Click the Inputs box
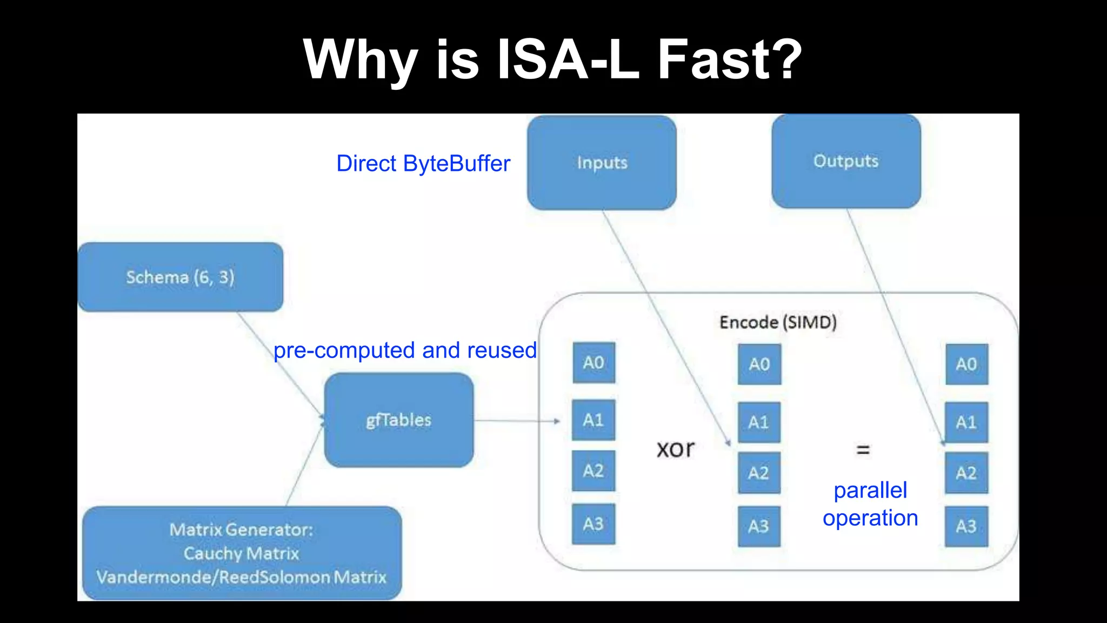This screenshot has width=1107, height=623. pyautogui.click(x=602, y=162)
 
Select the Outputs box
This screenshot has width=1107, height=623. pyautogui.click(x=846, y=161)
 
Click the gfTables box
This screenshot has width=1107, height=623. pyautogui.click(x=399, y=420)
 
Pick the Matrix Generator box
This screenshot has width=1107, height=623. pyautogui.click(x=242, y=553)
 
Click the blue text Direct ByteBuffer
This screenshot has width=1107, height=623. pyautogui.click(x=423, y=163)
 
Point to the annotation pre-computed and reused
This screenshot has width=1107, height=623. pyautogui.click(x=405, y=350)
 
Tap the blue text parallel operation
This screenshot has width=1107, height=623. pyautogui.click(x=870, y=504)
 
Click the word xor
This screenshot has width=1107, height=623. pyautogui.click(x=675, y=449)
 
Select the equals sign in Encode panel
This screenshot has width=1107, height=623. pyautogui.click(x=863, y=449)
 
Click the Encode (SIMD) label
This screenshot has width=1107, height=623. pyautogui.click(x=778, y=322)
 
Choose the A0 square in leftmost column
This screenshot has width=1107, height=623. pyautogui.click(x=593, y=362)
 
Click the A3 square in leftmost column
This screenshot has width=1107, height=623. pyautogui.click(x=593, y=524)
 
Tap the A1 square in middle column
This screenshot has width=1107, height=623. pyautogui.click(x=759, y=422)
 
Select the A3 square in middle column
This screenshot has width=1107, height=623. pyautogui.click(x=759, y=526)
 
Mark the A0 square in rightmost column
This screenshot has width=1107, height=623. pyautogui.click(x=966, y=364)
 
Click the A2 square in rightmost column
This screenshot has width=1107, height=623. pyautogui.click(x=966, y=473)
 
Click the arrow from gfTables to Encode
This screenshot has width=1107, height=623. pyautogui.click(x=516, y=421)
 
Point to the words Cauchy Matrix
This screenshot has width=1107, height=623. pyautogui.click(x=242, y=553)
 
